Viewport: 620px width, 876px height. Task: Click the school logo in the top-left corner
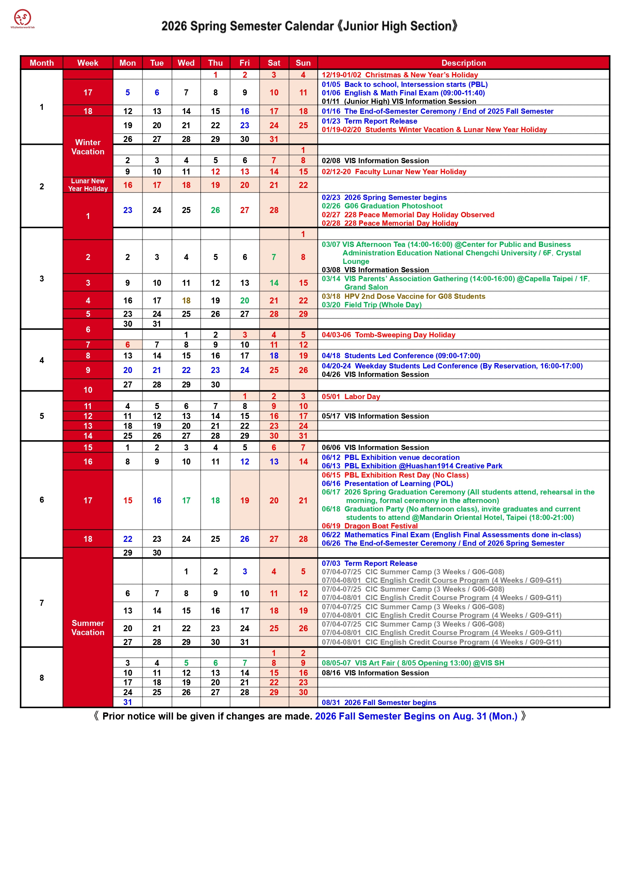click(x=23, y=19)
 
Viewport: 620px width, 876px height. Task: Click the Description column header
click(x=463, y=63)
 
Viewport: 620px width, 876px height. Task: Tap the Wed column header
click(x=186, y=63)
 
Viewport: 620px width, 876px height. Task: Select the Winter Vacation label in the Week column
click(x=88, y=147)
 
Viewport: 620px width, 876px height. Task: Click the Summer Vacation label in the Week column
click(x=88, y=628)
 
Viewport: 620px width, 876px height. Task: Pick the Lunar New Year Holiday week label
click(x=88, y=185)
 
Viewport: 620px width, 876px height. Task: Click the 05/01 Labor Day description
click(x=350, y=397)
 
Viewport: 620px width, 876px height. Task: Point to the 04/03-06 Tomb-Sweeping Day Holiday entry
click(x=388, y=335)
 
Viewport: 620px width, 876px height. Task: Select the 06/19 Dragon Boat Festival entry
click(x=369, y=526)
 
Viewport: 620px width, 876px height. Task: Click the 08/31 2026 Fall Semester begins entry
click(x=379, y=702)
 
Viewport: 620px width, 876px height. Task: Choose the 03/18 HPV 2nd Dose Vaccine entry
click(x=403, y=296)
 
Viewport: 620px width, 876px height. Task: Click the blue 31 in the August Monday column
click(x=128, y=702)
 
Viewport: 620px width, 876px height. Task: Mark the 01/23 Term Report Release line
click(x=369, y=121)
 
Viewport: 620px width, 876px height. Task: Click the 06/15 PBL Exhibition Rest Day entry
click(x=395, y=475)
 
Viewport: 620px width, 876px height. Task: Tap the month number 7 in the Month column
click(x=42, y=603)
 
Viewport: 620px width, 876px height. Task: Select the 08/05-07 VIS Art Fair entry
click(x=413, y=663)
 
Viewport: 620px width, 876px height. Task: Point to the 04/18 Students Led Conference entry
click(x=401, y=356)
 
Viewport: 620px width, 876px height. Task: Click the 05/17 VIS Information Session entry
click(x=375, y=416)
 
